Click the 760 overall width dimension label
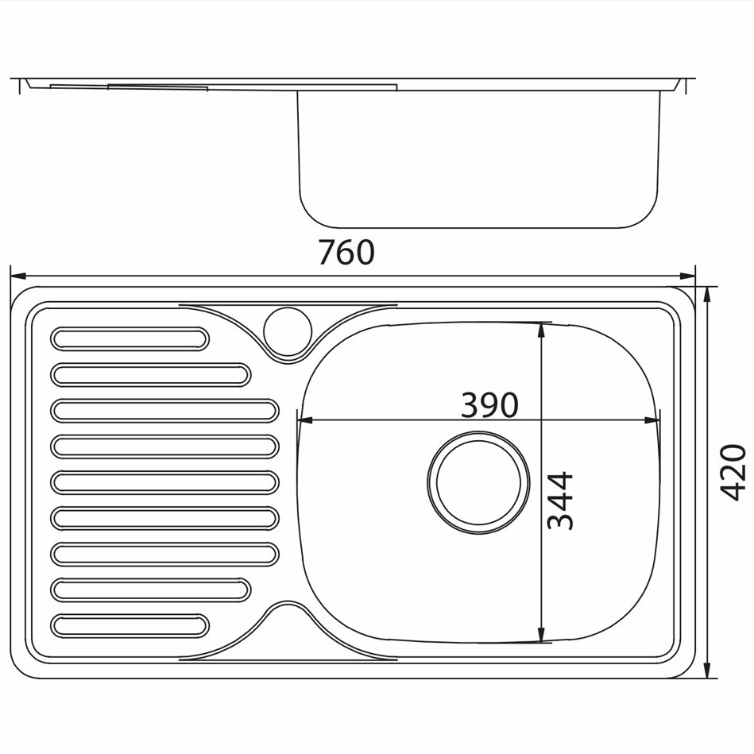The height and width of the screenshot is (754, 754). coord(346,253)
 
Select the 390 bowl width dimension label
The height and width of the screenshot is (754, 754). coord(489,405)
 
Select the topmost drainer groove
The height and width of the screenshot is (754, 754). coord(130,339)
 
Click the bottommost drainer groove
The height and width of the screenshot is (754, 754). coord(130,626)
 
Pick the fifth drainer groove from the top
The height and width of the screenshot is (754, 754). coord(164,482)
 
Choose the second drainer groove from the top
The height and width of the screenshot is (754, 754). coord(150,375)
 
